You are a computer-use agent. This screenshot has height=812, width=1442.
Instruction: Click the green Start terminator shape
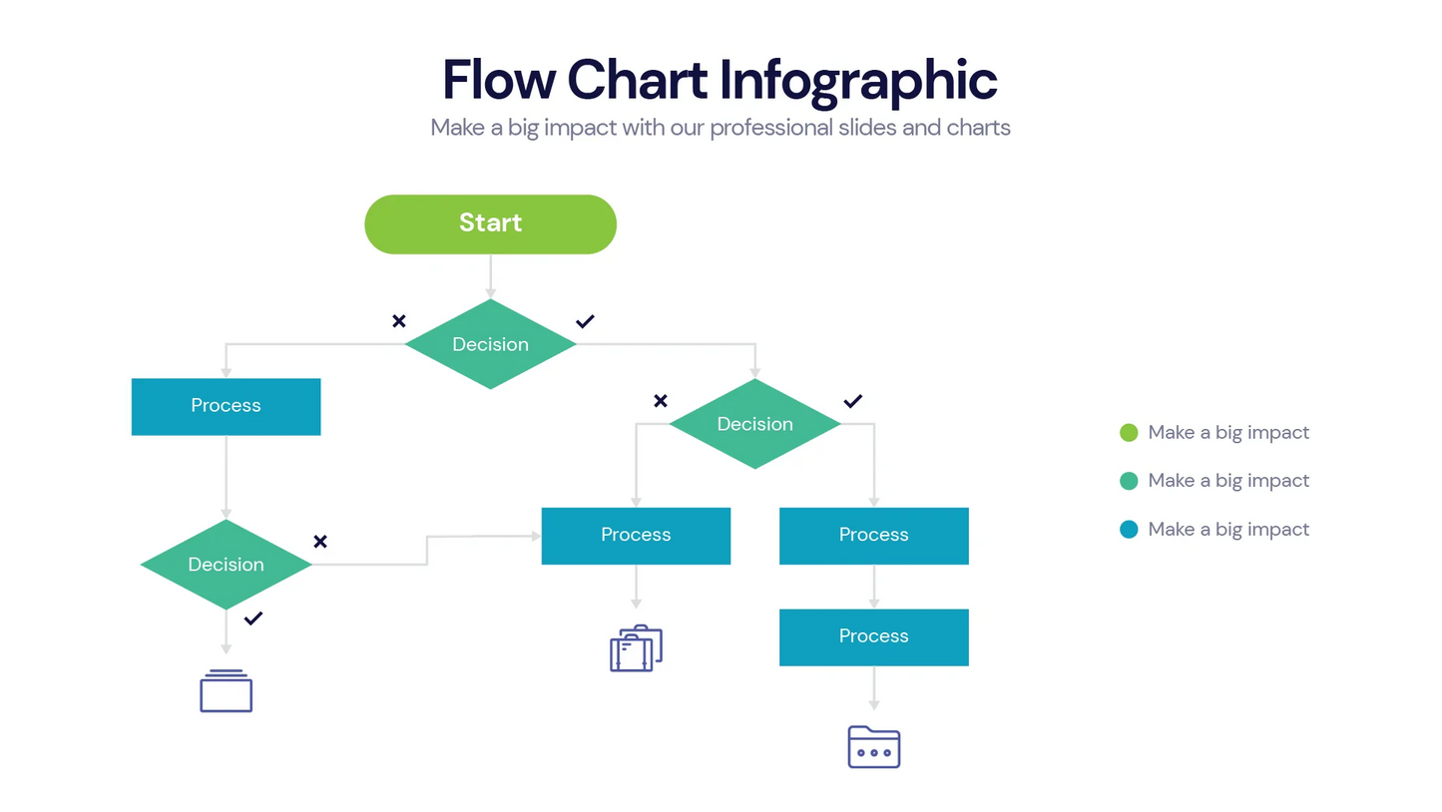coord(490,223)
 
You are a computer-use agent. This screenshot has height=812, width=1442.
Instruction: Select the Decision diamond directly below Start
coord(490,344)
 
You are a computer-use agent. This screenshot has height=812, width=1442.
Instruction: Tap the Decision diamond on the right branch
coord(754,424)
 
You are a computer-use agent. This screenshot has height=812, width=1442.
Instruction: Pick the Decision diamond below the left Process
coord(226,565)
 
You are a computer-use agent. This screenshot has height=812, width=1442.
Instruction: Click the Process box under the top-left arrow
coord(226,406)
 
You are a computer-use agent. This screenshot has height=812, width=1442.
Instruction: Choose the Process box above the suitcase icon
coord(636,536)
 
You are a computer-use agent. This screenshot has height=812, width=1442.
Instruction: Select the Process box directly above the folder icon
coord(873,636)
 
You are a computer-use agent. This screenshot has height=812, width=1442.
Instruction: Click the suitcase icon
coord(636,648)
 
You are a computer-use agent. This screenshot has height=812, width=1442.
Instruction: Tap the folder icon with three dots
coord(873,746)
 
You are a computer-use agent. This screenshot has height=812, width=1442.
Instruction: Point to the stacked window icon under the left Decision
coord(226,690)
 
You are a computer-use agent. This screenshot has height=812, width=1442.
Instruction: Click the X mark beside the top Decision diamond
coord(399,321)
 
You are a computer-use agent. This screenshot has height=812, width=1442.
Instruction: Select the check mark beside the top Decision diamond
coord(585,321)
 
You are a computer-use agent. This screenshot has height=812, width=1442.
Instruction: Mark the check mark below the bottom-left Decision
coord(253,618)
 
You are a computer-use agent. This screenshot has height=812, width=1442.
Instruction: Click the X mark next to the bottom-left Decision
coord(320,542)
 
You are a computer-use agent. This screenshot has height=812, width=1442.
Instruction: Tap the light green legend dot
coord(1129,433)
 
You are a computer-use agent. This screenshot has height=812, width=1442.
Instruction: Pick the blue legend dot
coord(1129,530)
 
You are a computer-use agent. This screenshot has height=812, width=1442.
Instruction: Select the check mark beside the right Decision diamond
coord(852,401)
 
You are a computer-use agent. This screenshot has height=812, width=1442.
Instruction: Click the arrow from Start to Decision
coord(490,276)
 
